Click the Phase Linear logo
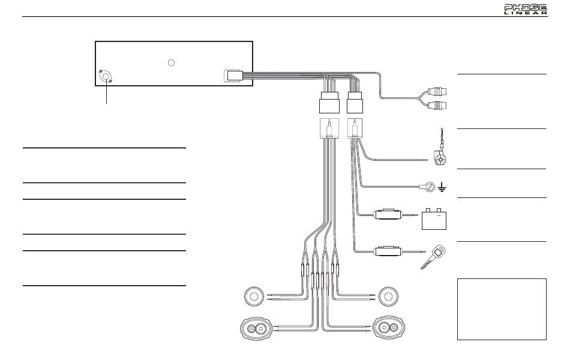point(526,10)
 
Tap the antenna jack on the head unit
point(106,76)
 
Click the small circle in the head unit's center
point(171,63)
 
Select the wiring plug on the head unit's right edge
point(233,76)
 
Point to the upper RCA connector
point(437,91)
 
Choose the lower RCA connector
point(437,106)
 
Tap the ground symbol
point(442,187)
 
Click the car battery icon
point(434,219)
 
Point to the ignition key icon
point(433,257)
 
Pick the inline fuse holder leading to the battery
point(389,214)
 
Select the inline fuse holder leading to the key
point(389,251)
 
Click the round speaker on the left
point(254,297)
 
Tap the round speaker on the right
point(388,297)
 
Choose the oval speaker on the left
point(257,329)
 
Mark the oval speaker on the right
point(389,328)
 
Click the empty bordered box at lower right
point(502,309)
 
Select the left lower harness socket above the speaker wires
point(329,128)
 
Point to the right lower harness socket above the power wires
point(355,128)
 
